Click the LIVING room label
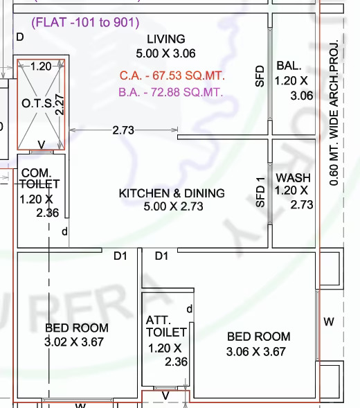point(166,39)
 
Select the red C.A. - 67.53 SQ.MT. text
point(172,76)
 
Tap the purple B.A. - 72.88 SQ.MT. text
point(170,92)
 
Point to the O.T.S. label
point(39,104)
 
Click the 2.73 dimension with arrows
point(123,130)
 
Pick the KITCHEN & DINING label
point(172,193)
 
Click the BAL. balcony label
point(289,66)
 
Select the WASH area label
point(293,178)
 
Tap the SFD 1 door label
point(260,193)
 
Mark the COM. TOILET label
point(39,179)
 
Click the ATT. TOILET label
point(166,326)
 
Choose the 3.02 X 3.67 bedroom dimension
point(74,342)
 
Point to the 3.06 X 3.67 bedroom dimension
point(256,351)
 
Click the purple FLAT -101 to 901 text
point(85,22)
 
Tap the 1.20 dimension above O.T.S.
point(41,66)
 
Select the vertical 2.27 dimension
point(60,105)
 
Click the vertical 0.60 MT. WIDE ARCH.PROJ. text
point(334,112)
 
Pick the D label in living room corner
point(20,37)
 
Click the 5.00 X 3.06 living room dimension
point(165,53)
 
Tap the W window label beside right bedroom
point(329,322)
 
